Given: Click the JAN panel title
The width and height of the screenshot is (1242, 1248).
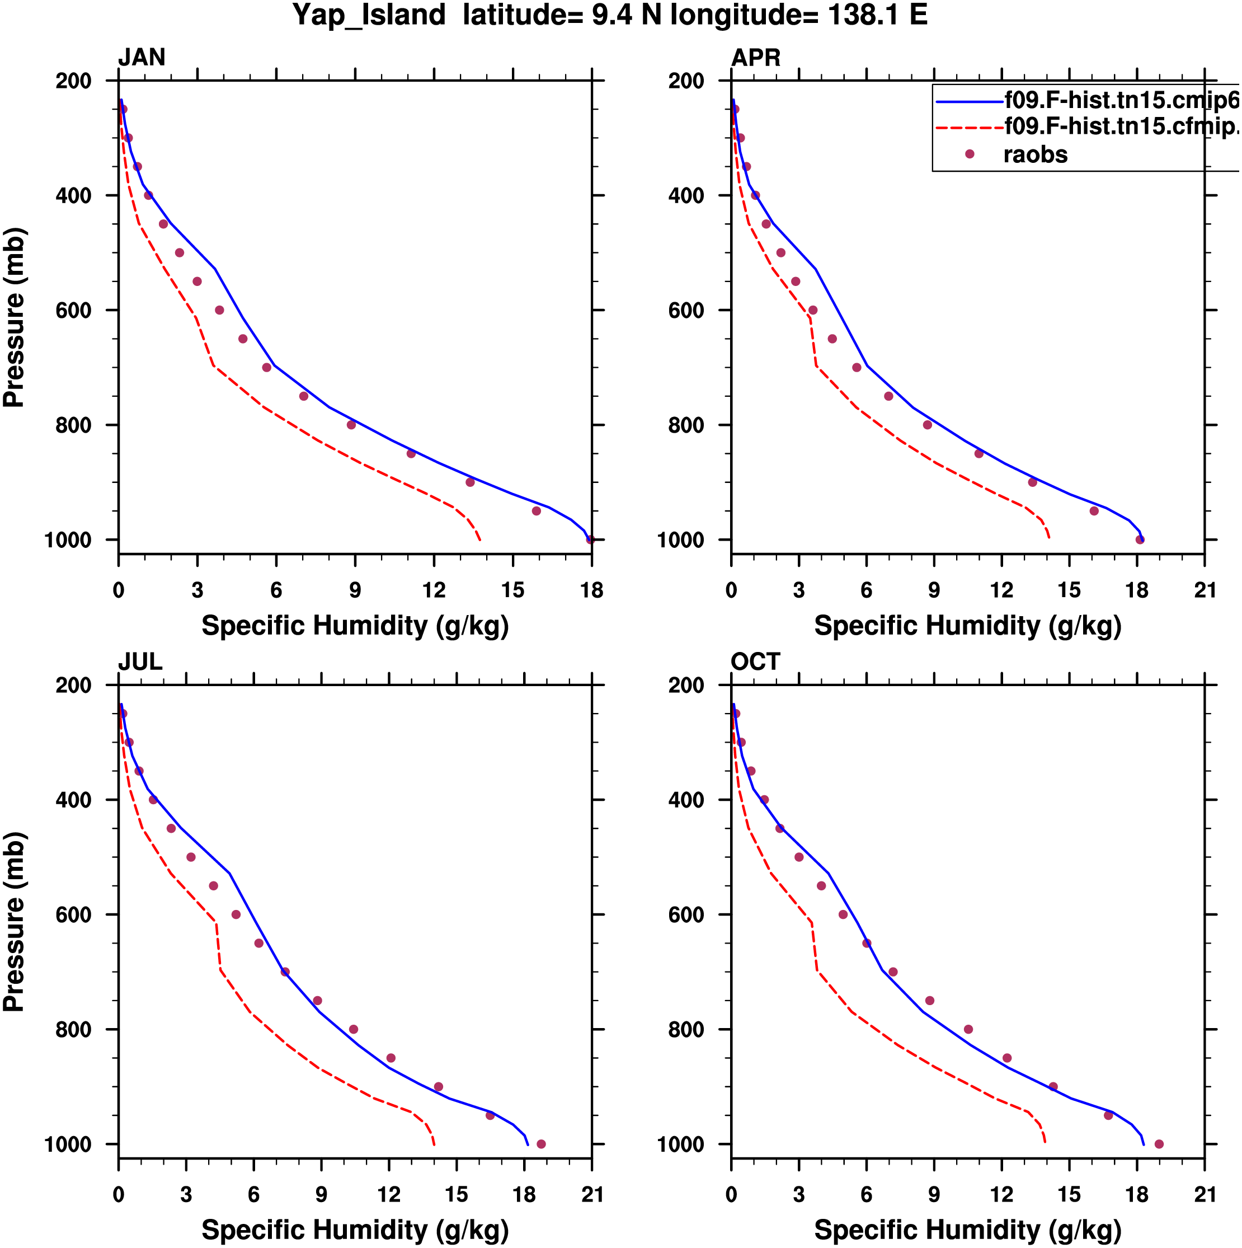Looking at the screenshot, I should point(142,58).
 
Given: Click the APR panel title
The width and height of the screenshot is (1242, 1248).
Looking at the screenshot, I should point(755,58).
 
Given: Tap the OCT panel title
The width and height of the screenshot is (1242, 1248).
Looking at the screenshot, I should point(755,661).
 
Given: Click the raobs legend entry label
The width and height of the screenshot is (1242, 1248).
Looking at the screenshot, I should point(1034,154).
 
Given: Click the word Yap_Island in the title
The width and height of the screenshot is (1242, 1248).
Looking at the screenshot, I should point(369,15).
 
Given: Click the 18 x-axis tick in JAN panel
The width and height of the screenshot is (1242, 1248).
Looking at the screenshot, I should point(591,590).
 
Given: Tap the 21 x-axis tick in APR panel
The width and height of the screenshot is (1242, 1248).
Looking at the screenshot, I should point(1205,590).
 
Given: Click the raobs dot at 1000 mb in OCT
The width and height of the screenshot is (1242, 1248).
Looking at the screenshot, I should point(1159,1144).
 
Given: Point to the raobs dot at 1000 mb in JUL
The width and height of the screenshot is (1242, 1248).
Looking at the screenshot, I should point(541,1144).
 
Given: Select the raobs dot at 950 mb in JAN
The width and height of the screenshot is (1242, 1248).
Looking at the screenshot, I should point(536,511).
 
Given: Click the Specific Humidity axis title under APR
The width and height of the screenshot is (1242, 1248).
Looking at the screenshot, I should point(967,625).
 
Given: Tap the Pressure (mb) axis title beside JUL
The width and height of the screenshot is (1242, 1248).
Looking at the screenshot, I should point(14,922).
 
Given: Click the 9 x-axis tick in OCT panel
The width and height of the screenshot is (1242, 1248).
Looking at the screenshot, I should point(934,1194).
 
